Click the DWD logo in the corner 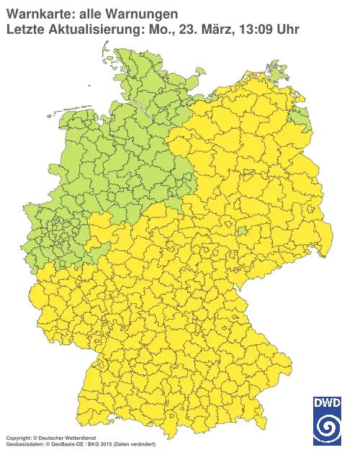click(x=328, y=420)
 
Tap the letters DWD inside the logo click(x=328, y=402)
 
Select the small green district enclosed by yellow click(x=243, y=231)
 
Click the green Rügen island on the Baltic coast click(x=275, y=70)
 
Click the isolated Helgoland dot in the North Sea click(x=88, y=84)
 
